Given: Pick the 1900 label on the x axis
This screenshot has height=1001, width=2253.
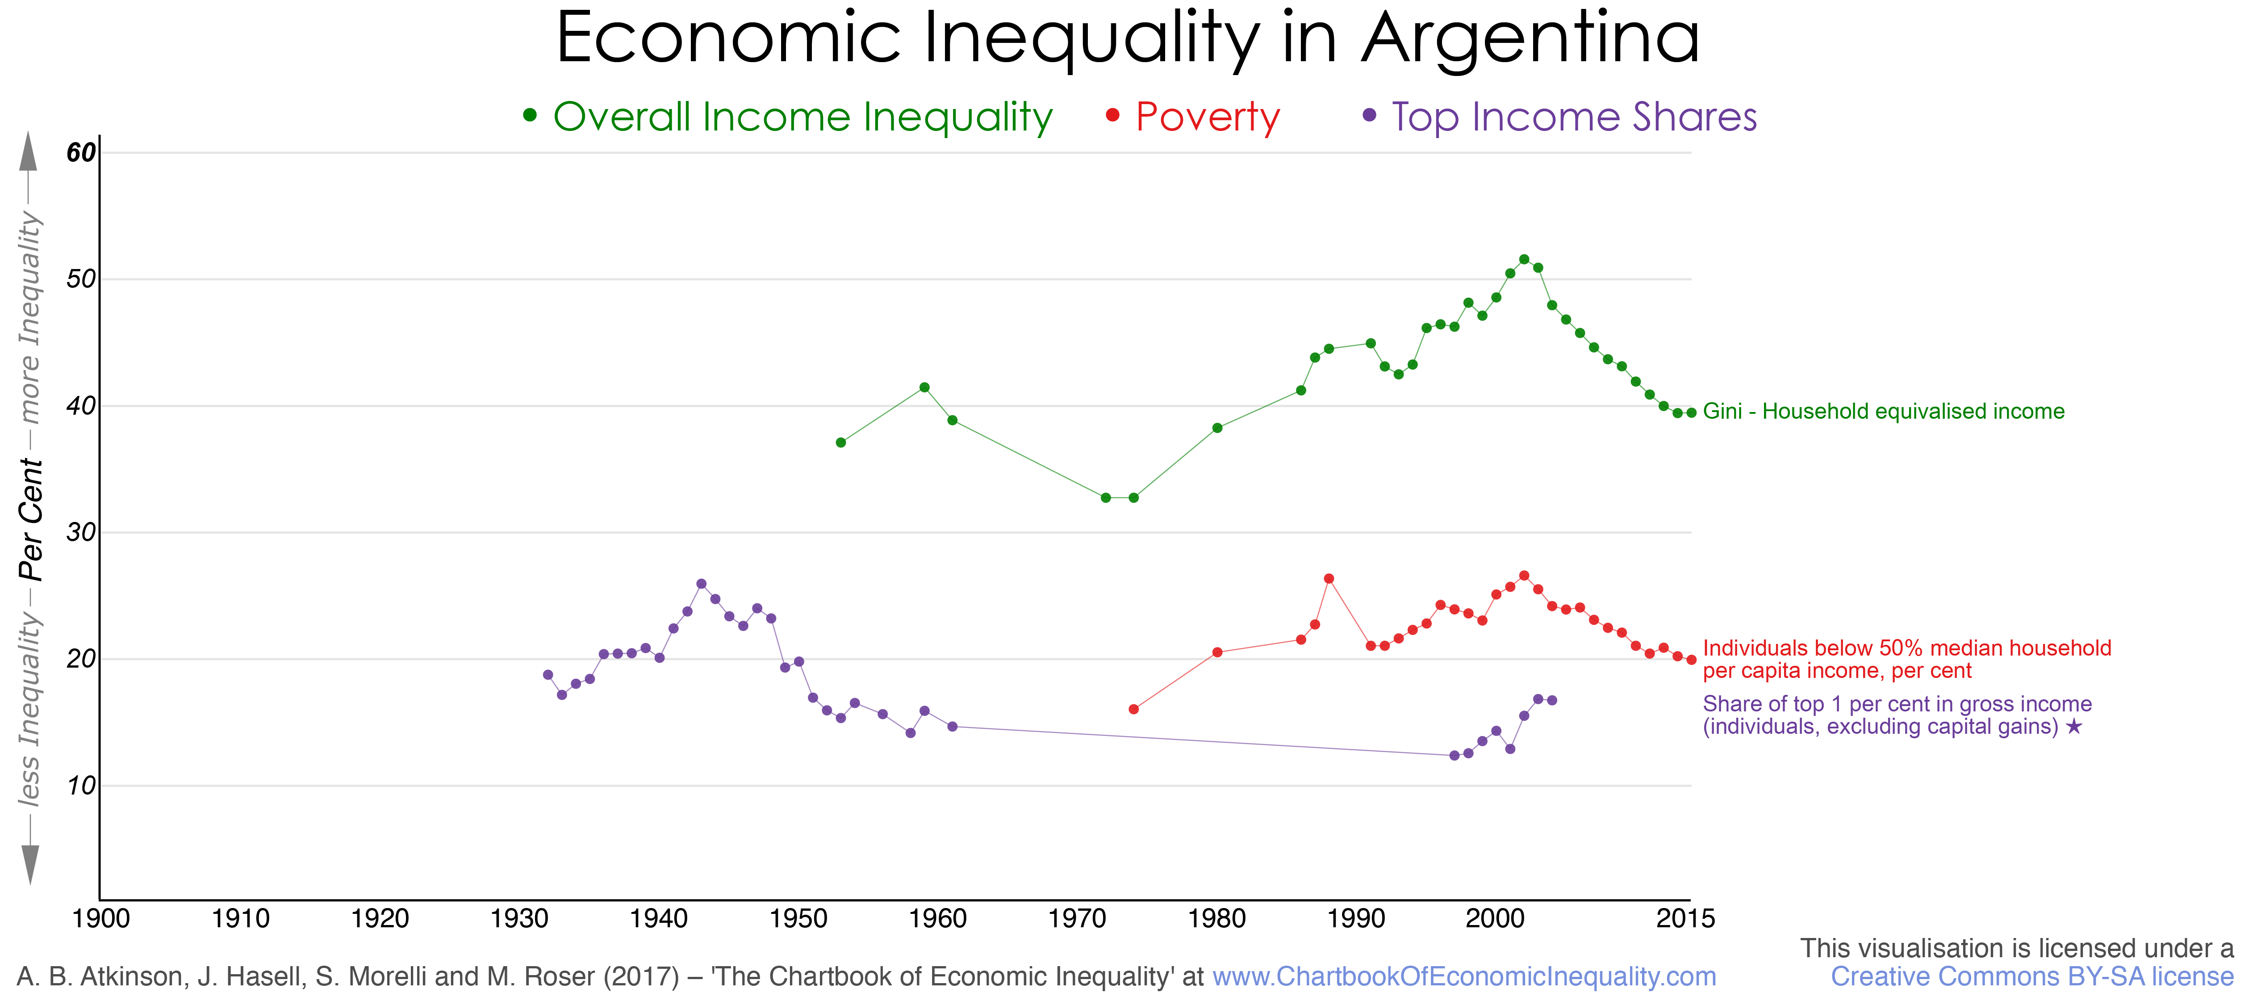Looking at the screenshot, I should (x=101, y=919).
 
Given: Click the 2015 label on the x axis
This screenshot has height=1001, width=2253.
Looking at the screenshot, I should (x=1685, y=919).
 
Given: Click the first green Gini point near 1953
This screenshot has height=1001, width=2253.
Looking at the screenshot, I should (x=840, y=443).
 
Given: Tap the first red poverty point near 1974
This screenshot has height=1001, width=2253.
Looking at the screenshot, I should (x=1133, y=709).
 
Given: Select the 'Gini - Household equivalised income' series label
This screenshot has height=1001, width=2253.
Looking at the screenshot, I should (x=1883, y=411).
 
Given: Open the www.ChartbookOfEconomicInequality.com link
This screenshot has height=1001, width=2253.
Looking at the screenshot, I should (x=1464, y=976).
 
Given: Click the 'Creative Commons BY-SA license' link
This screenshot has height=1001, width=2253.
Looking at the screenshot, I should (x=2032, y=976).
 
